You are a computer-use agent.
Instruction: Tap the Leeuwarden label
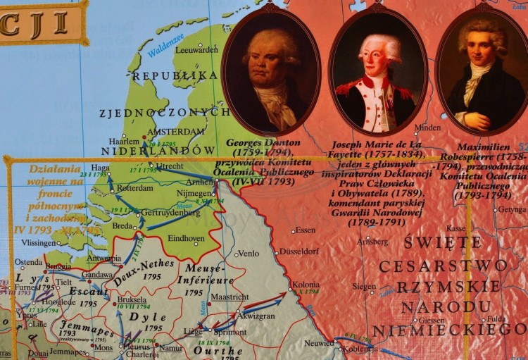tap(196, 50)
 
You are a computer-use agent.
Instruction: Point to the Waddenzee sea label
tap(165, 44)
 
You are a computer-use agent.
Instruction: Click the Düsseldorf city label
tap(299, 251)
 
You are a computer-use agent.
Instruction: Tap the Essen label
tap(306, 230)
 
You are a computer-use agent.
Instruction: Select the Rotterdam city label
tap(134, 189)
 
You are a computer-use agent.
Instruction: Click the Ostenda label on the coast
tap(29, 262)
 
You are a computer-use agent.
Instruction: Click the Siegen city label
tap(364, 287)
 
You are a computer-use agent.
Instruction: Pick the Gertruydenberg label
tap(170, 212)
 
